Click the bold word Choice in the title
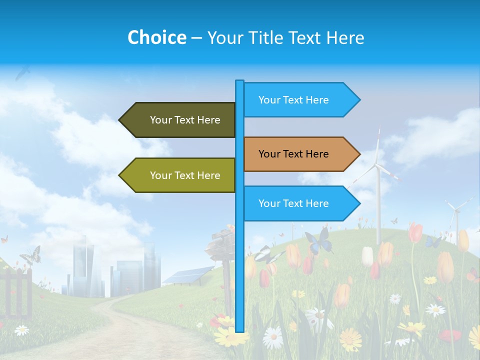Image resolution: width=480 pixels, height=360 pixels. pos(156,38)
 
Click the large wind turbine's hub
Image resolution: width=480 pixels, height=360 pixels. pos(377,165)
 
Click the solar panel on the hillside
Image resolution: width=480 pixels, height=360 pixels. pos(187,275)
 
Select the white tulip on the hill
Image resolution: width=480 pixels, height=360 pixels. pos(367,256)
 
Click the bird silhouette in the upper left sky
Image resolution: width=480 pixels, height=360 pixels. pos(22,74)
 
